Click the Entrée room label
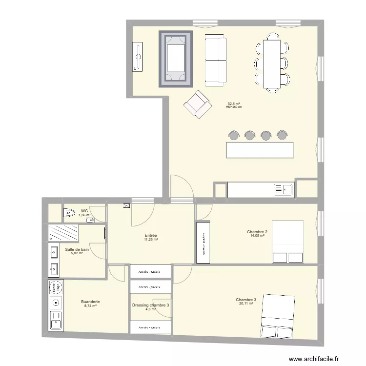[150, 235]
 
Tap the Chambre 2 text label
[257, 232]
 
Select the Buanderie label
[91, 302]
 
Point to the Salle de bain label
[77, 249]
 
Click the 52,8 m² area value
[234, 103]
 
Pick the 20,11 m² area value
[246, 304]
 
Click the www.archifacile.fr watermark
[316, 359]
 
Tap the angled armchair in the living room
[198, 104]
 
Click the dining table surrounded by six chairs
[272, 63]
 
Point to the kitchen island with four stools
[260, 149]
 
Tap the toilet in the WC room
[68, 212]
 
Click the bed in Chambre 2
[287, 242]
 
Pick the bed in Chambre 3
[278, 316]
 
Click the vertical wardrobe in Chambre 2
[202, 239]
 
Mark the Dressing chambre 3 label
[151, 305]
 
